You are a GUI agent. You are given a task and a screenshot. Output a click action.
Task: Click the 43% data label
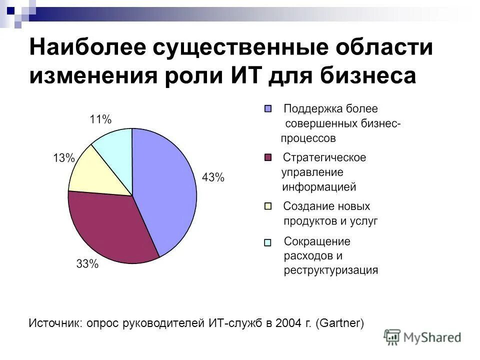tap(213, 177)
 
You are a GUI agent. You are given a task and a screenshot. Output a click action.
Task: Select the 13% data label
tap(63, 158)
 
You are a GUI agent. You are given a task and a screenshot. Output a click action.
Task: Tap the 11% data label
tap(100, 119)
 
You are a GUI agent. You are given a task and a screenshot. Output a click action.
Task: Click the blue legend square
tap(268, 108)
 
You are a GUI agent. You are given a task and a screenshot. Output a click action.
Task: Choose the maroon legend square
tap(268, 157)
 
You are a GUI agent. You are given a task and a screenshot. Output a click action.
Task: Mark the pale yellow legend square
tap(268, 205)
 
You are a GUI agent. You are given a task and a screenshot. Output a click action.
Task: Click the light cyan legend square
tap(268, 242)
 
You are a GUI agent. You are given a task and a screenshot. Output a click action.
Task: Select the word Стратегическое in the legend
tap(324, 157)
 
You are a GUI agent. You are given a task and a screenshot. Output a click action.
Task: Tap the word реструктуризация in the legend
tap(331, 270)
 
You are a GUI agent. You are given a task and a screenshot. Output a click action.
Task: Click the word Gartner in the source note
tap(339, 323)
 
